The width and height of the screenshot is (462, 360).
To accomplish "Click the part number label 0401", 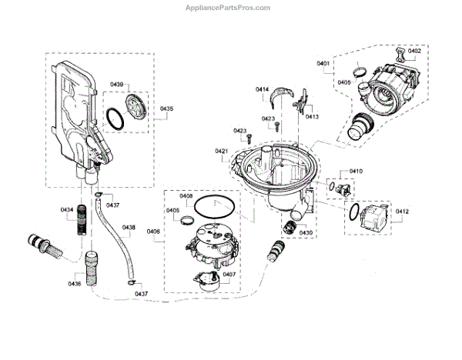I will point(323,62).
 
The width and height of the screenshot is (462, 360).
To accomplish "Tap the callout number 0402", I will point(414,51).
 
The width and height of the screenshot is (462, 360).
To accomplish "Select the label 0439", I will point(116,83).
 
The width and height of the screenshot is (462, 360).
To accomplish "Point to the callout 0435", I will point(167,109).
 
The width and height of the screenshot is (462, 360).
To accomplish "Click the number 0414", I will point(263,90).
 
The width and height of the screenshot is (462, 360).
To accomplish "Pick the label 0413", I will point(312,116).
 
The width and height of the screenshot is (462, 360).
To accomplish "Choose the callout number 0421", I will point(222,152).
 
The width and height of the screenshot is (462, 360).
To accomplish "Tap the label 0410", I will point(356,170).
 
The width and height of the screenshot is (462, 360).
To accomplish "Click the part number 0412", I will point(402,211).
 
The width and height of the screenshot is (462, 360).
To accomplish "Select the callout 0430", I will point(306,232).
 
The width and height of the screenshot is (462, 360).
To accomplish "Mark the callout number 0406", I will point(152,232).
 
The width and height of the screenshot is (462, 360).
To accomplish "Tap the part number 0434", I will point(67,209).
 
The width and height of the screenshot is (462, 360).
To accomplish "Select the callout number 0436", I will point(74,285).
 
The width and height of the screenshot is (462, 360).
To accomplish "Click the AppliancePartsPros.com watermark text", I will point(231,8).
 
